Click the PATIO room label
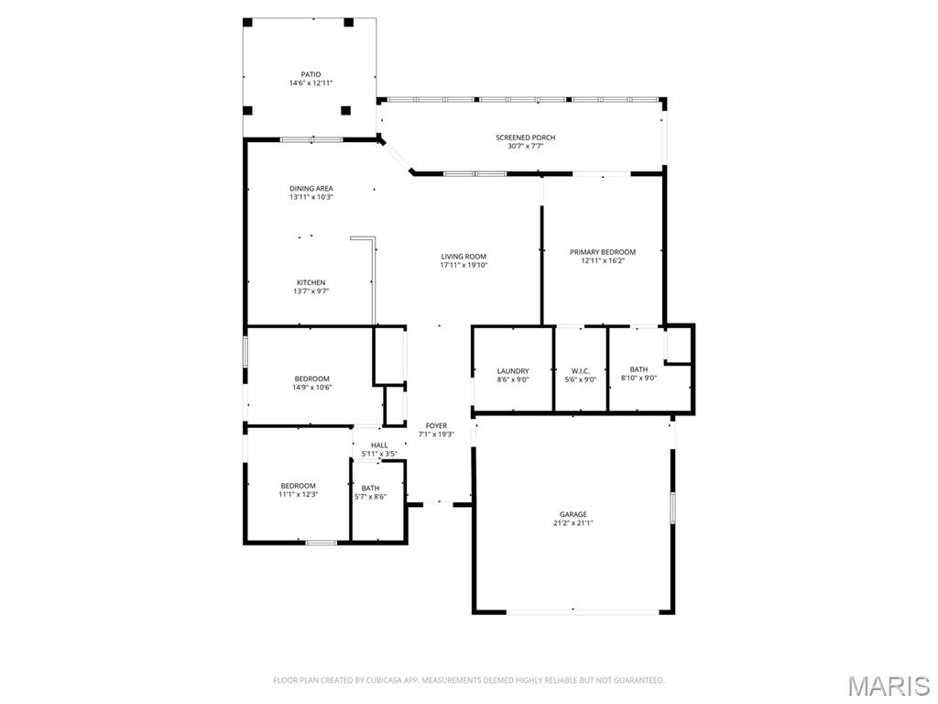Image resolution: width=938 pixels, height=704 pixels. pyautogui.click(x=311, y=74)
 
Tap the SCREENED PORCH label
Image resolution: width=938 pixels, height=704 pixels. pyautogui.click(x=526, y=137)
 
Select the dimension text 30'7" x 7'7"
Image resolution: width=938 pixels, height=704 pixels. pyautogui.click(x=526, y=146)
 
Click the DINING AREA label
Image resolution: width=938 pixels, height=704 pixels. pyautogui.click(x=311, y=189)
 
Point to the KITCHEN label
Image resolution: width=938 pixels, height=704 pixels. pyautogui.click(x=311, y=282)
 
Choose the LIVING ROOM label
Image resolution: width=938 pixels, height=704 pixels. pyautogui.click(x=464, y=257)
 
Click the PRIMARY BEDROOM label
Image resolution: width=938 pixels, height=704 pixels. pyautogui.click(x=603, y=252)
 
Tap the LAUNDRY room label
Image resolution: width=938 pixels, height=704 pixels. pyautogui.click(x=513, y=371)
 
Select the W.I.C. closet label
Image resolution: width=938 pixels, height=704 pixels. pyautogui.click(x=581, y=371)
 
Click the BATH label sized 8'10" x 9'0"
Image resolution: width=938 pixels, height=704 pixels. pyautogui.click(x=638, y=369)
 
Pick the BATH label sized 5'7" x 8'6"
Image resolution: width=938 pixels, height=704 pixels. pyautogui.click(x=370, y=489)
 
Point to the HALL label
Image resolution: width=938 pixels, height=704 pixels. pyautogui.click(x=379, y=445)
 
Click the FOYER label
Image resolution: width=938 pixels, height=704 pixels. pyautogui.click(x=436, y=426)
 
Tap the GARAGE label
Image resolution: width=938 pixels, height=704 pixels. pyautogui.click(x=573, y=514)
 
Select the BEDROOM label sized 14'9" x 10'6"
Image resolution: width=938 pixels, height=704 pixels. pyautogui.click(x=312, y=379)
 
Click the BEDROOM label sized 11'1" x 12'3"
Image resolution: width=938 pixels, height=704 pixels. pyautogui.click(x=298, y=486)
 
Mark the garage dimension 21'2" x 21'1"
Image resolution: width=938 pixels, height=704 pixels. pyautogui.click(x=573, y=523)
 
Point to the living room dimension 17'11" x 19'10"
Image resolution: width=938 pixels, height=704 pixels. pyautogui.click(x=464, y=266)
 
